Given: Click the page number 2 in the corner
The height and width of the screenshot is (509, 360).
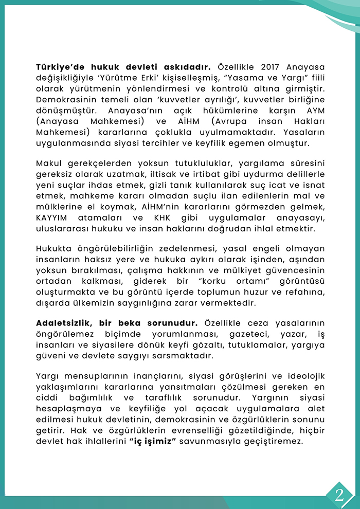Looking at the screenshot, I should (x=339, y=495).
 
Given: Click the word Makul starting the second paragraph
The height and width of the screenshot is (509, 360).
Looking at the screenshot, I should (x=49, y=163).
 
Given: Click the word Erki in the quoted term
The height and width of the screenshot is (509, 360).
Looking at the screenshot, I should (x=141, y=79).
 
